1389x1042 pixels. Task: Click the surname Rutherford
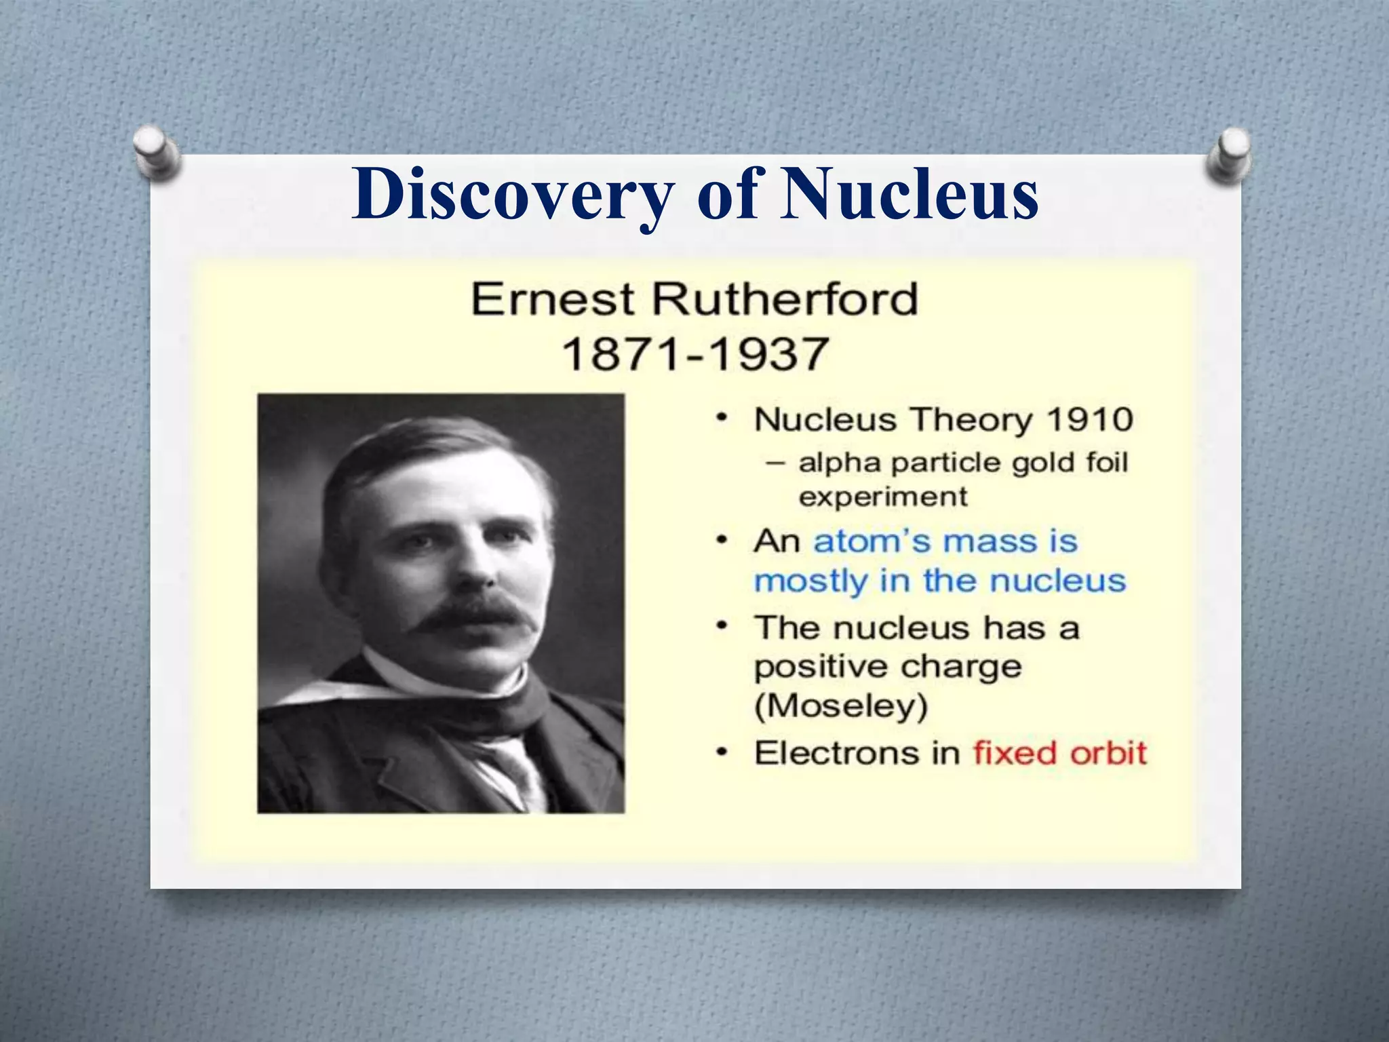pos(785,299)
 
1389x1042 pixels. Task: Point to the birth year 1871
pos(622,353)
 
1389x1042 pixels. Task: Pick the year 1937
pos(769,353)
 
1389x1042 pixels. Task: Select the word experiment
pos(882,497)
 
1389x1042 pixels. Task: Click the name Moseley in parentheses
pos(841,706)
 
